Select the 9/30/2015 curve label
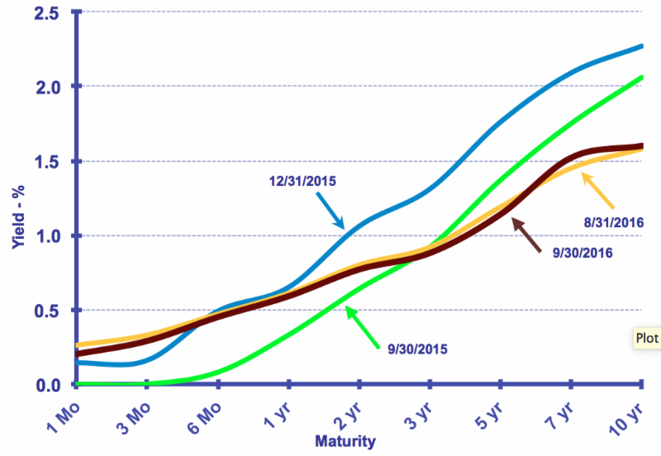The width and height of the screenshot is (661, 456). [x=417, y=349]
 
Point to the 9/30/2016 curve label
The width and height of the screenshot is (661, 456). [x=583, y=252]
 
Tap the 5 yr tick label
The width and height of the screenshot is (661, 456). [x=487, y=413]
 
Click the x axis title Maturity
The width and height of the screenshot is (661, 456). [x=345, y=441]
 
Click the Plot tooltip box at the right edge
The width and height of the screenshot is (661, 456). [x=647, y=338]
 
